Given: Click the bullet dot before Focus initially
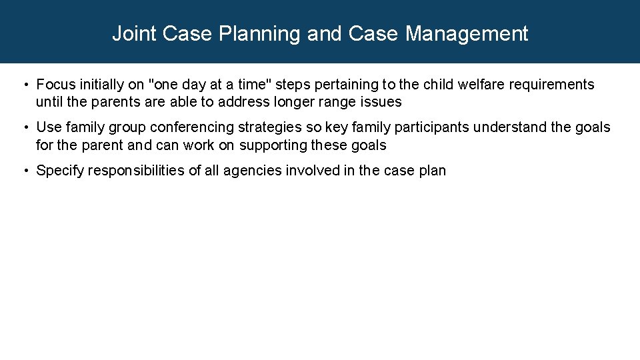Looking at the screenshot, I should pos(25,85).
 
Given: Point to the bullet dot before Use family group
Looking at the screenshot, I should pos(25,128).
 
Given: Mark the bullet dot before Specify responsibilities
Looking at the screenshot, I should pos(25,171).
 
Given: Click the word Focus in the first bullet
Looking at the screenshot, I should pos(55,85).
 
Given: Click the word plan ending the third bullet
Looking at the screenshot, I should pos(433,171).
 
